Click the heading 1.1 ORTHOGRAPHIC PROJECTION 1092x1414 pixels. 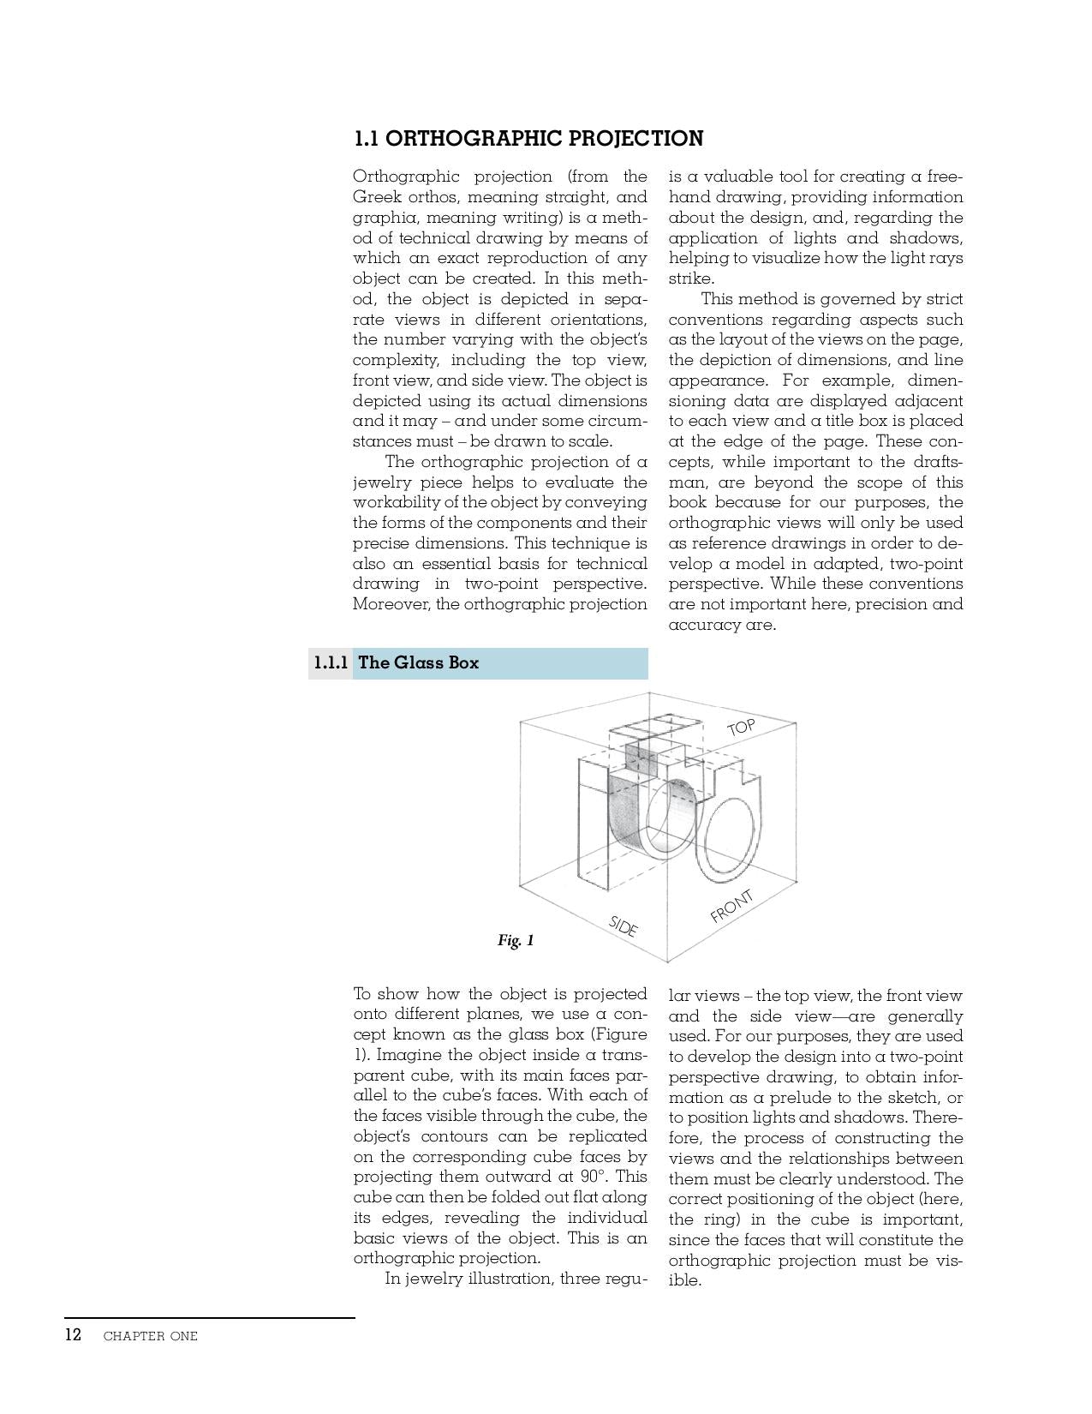coord(528,139)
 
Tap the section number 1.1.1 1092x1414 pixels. coord(331,662)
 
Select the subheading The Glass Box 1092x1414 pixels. coord(418,662)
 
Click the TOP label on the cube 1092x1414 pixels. coord(742,728)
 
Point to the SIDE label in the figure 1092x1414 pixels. coord(624,926)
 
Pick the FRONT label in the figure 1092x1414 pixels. coord(732,906)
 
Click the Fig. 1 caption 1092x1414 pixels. coord(516,940)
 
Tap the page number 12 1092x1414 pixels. coord(73,1334)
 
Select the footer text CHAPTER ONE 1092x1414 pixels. coord(150,1336)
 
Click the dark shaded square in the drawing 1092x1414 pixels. coord(641,759)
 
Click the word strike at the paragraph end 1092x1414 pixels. coord(689,279)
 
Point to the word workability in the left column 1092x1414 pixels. coord(403,502)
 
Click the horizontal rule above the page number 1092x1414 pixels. coord(209,1317)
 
